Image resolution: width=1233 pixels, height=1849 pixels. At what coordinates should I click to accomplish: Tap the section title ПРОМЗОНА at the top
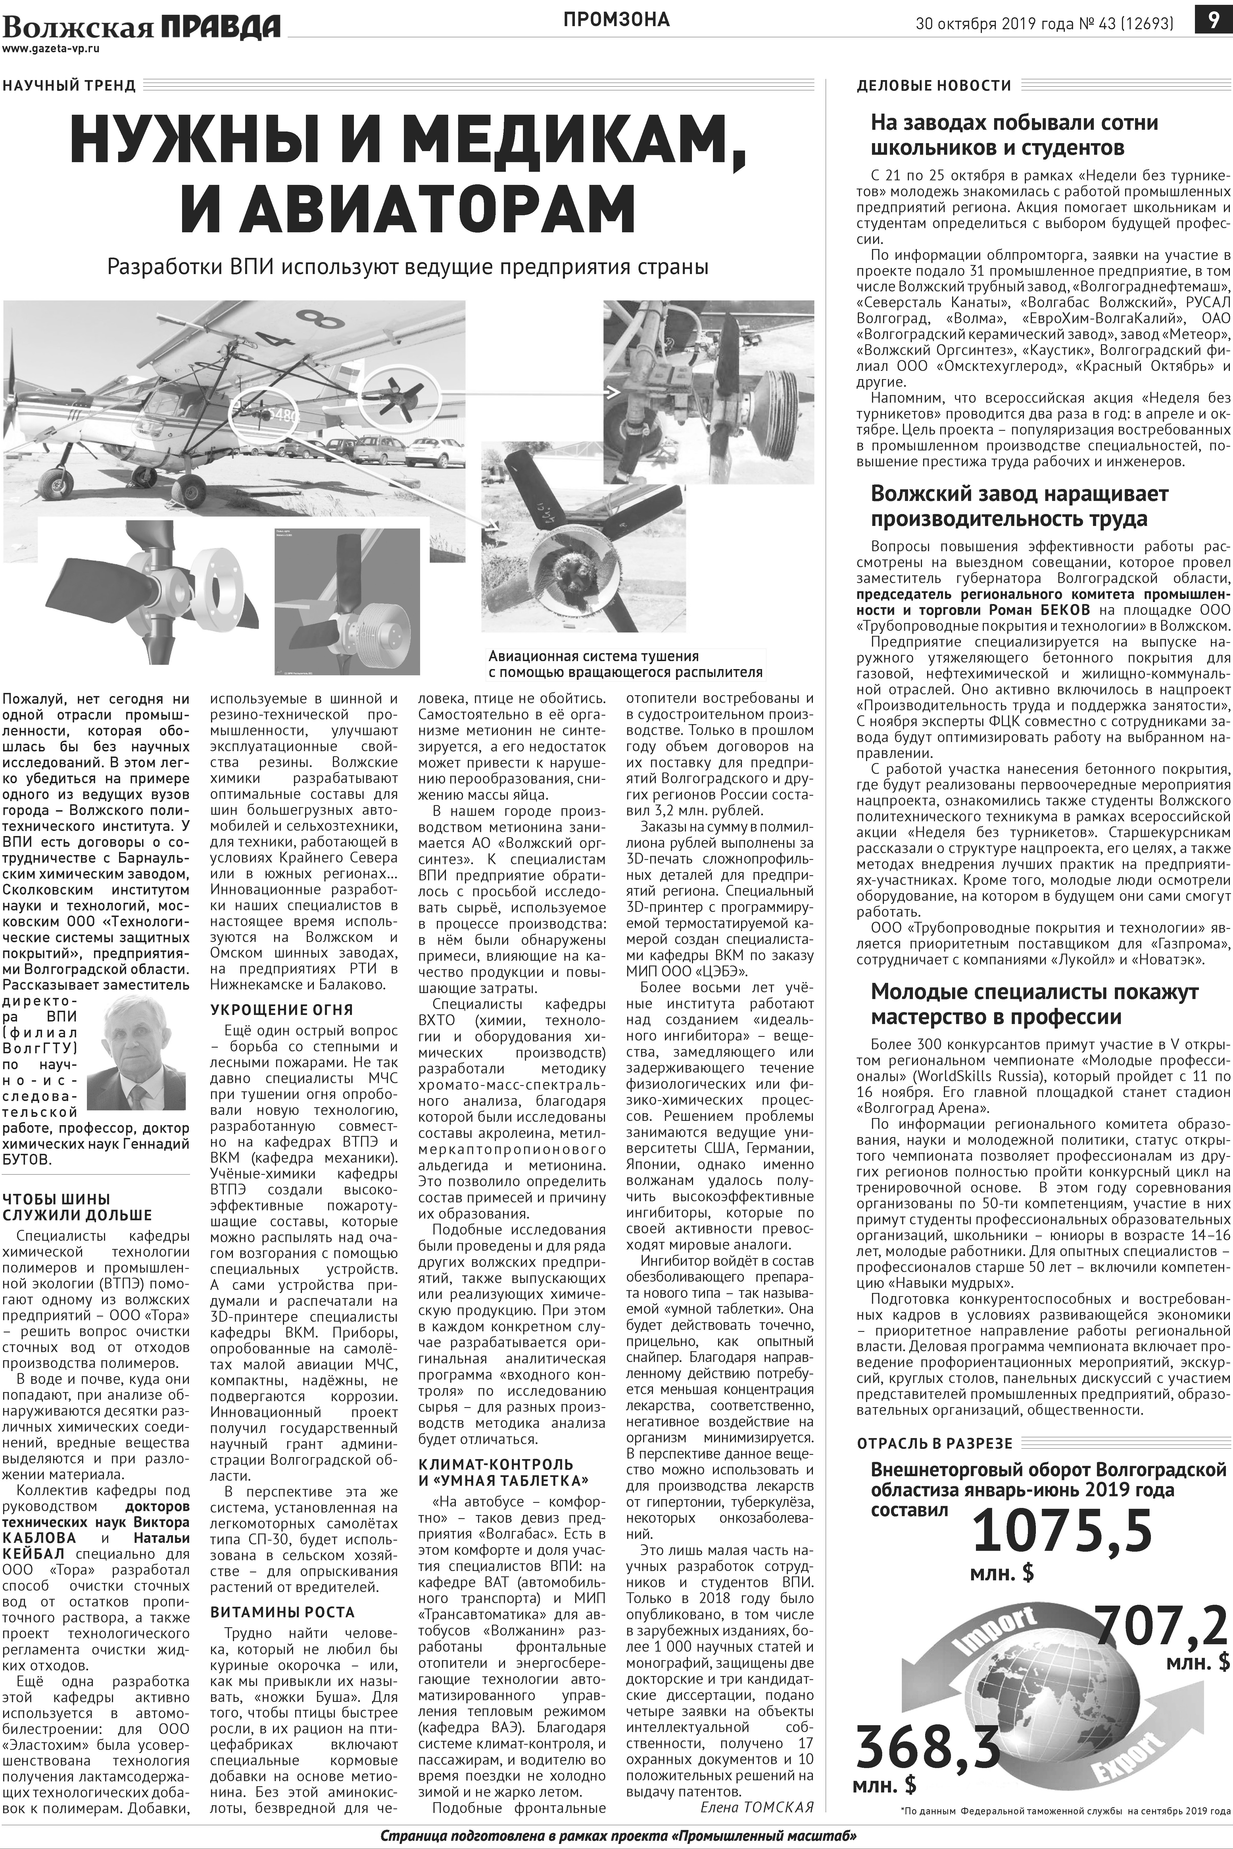616,20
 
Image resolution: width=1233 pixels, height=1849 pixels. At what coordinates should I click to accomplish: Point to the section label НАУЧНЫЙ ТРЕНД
69,86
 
